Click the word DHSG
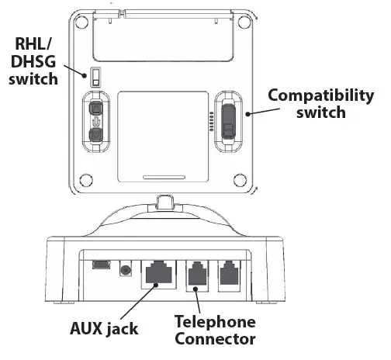(x=29, y=63)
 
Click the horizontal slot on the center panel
(x=161, y=175)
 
